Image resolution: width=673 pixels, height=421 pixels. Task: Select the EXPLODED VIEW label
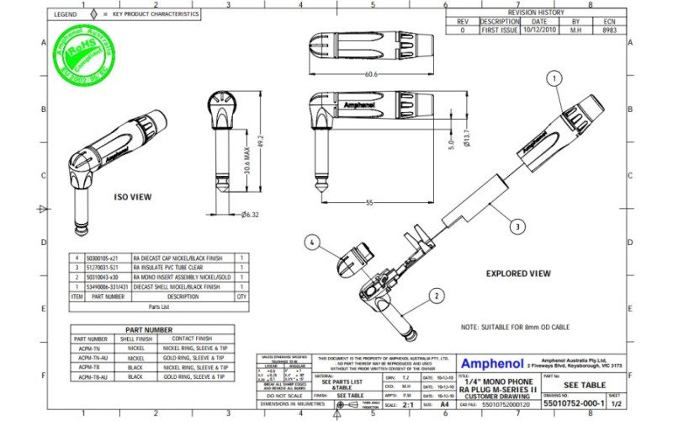pos(518,274)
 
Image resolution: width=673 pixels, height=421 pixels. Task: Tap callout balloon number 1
pos(554,78)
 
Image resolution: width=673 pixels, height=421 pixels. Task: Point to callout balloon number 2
pos(437,296)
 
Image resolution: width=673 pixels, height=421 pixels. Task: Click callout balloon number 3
pos(517,226)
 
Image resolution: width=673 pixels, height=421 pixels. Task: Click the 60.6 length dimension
pos(370,74)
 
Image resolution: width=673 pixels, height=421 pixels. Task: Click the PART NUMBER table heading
pos(149,330)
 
